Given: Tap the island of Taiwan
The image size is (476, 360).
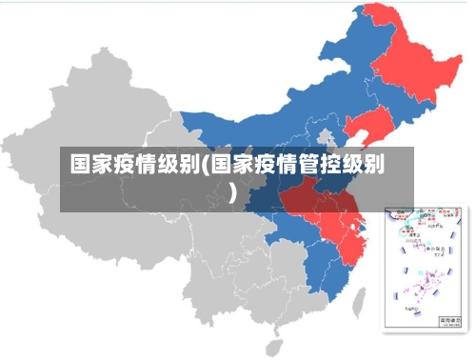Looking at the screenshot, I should click(x=361, y=303).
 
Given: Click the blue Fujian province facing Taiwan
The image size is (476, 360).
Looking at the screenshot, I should click(x=338, y=276).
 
